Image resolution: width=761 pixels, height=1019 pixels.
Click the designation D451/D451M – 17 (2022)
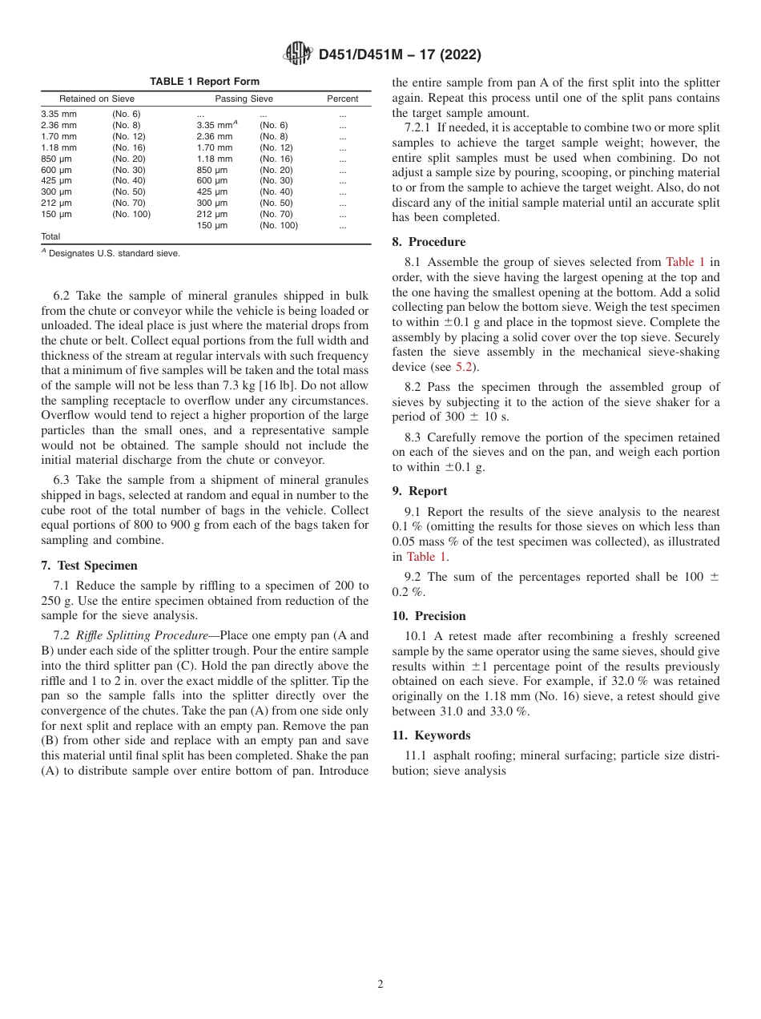[399, 55]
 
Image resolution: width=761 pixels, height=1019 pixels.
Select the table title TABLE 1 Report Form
[204, 82]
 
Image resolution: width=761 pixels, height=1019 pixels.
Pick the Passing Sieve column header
[244, 99]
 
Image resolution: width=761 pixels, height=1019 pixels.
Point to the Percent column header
[342, 99]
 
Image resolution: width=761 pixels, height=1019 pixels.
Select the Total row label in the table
[50, 236]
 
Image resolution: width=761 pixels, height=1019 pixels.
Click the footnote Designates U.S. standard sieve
[114, 253]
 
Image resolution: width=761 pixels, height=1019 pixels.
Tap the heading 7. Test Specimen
[89, 566]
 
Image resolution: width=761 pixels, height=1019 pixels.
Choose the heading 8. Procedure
[429, 242]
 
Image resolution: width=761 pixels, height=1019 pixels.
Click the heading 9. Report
[420, 491]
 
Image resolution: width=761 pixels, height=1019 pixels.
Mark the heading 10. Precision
[429, 616]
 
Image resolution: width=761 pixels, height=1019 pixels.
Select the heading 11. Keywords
[431, 735]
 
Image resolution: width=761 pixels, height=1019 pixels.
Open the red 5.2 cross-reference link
[465, 368]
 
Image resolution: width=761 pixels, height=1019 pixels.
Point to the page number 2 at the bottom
[380, 985]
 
